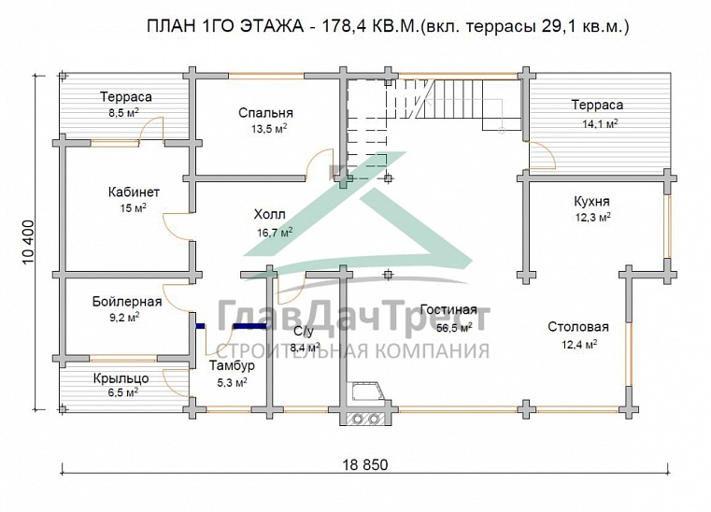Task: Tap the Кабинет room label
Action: tap(134, 192)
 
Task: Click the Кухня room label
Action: tap(591, 201)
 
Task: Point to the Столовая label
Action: tap(578, 327)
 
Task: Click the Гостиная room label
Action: tap(448, 309)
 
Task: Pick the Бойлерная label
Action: tap(127, 301)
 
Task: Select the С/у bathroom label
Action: tap(305, 332)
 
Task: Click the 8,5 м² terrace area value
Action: tap(122, 112)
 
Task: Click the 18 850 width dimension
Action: tap(362, 464)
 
